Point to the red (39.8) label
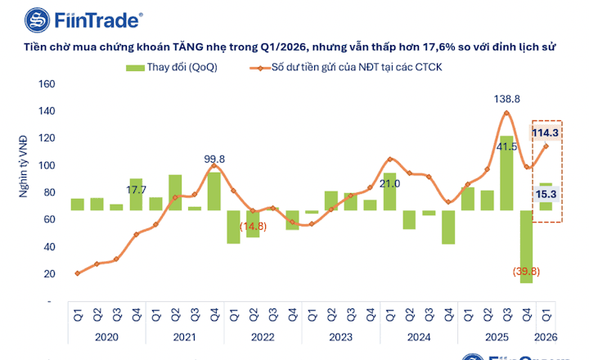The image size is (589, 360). pyautogui.click(x=525, y=271)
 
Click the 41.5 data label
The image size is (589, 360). pyautogui.click(x=507, y=147)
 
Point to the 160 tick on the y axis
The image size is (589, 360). pyautogui.click(x=47, y=84)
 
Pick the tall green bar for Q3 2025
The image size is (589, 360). pyautogui.click(x=507, y=173)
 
